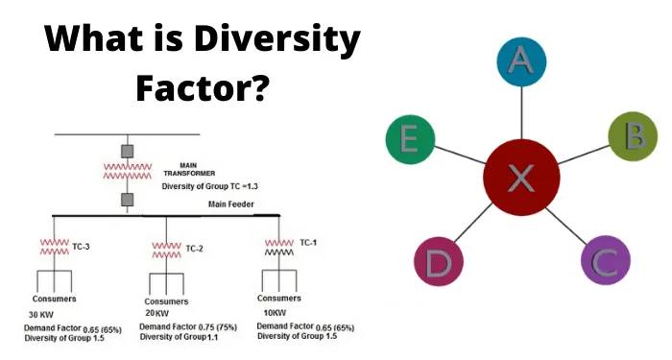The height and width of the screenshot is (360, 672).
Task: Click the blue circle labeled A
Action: (521, 61)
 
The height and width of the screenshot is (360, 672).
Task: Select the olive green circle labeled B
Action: (633, 136)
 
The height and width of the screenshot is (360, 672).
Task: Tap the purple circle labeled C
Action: (606, 260)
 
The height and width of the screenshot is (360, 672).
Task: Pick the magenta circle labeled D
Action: (439, 261)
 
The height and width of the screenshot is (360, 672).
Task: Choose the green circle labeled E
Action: (411, 139)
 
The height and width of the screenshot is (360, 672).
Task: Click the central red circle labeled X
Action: (521, 177)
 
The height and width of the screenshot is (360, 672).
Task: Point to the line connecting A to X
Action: (521, 112)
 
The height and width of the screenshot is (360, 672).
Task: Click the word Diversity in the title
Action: (276, 39)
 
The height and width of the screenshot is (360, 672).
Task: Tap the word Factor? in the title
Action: (203, 87)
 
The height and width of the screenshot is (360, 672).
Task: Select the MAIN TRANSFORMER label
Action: (189, 169)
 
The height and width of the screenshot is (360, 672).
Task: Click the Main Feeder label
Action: (231, 204)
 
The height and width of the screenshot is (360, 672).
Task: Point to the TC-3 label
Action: (81, 247)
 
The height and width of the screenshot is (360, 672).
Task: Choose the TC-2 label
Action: (194, 249)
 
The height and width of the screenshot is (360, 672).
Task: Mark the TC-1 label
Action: (308, 243)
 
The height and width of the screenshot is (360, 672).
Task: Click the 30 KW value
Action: (41, 315)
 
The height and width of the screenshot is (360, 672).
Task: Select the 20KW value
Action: (156, 313)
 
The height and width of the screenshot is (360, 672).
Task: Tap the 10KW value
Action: (275, 312)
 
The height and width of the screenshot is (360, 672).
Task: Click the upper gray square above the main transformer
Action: (128, 152)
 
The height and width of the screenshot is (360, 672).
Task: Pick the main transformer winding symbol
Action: (128, 171)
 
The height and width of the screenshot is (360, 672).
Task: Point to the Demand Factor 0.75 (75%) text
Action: (188, 327)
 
